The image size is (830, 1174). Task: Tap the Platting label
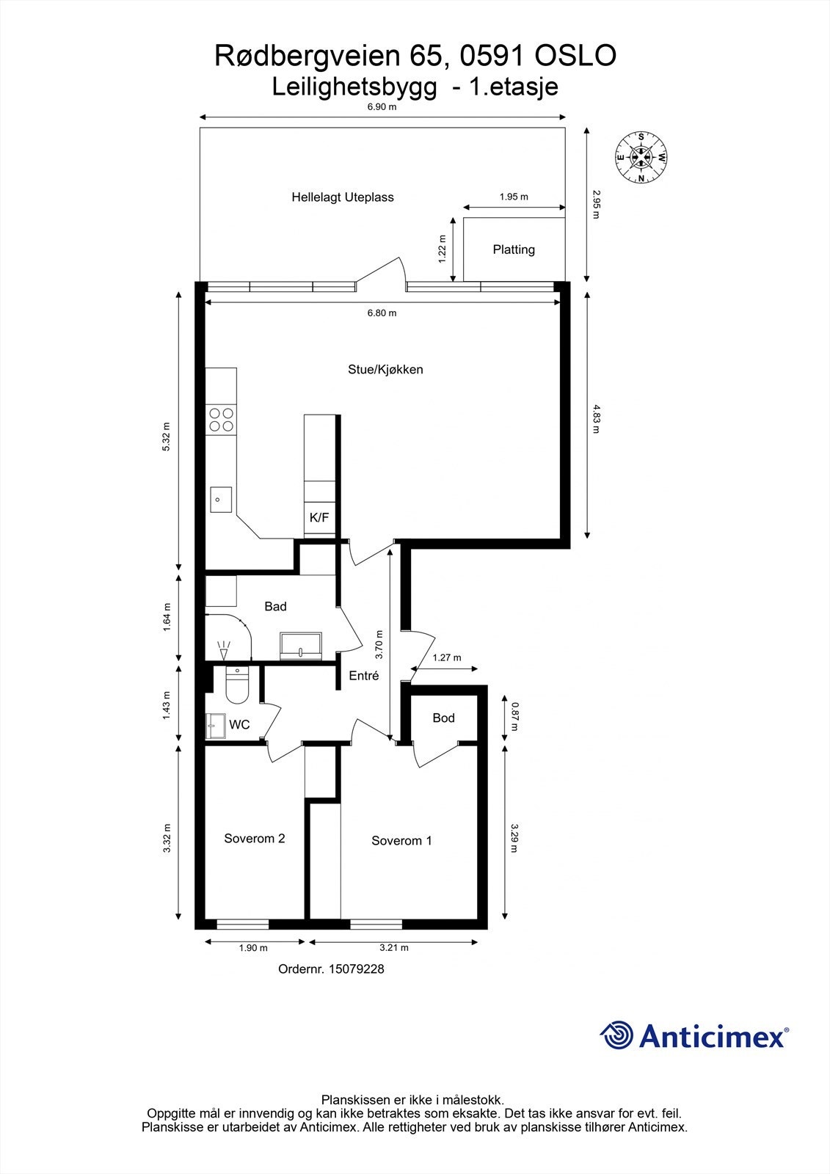(x=514, y=249)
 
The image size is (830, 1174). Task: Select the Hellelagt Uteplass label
(x=343, y=197)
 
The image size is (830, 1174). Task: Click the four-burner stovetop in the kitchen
(x=221, y=419)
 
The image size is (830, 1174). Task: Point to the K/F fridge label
(x=319, y=518)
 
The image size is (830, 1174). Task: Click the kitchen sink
(x=220, y=500)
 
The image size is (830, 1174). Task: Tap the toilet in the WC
(x=236, y=686)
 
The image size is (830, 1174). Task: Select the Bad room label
(x=275, y=607)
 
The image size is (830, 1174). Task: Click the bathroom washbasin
(x=301, y=646)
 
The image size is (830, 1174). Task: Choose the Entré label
(x=364, y=676)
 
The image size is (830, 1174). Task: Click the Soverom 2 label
(x=255, y=839)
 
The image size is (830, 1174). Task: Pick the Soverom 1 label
(x=401, y=841)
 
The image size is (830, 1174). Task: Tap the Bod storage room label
(x=443, y=718)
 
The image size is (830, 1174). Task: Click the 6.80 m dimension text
(x=382, y=313)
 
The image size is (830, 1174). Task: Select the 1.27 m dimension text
(x=447, y=657)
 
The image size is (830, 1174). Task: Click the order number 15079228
(x=356, y=969)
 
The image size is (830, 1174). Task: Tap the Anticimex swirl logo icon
(x=616, y=1035)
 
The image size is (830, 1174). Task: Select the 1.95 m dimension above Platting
(x=514, y=197)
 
